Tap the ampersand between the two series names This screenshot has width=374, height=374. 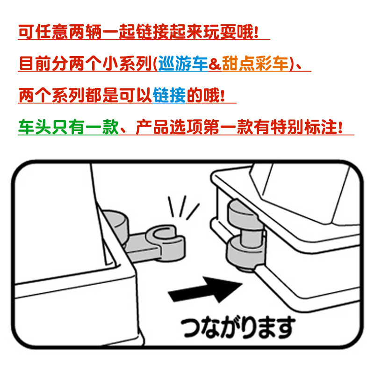tap(214, 63)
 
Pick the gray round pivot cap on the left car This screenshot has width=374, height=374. tap(115, 222)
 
